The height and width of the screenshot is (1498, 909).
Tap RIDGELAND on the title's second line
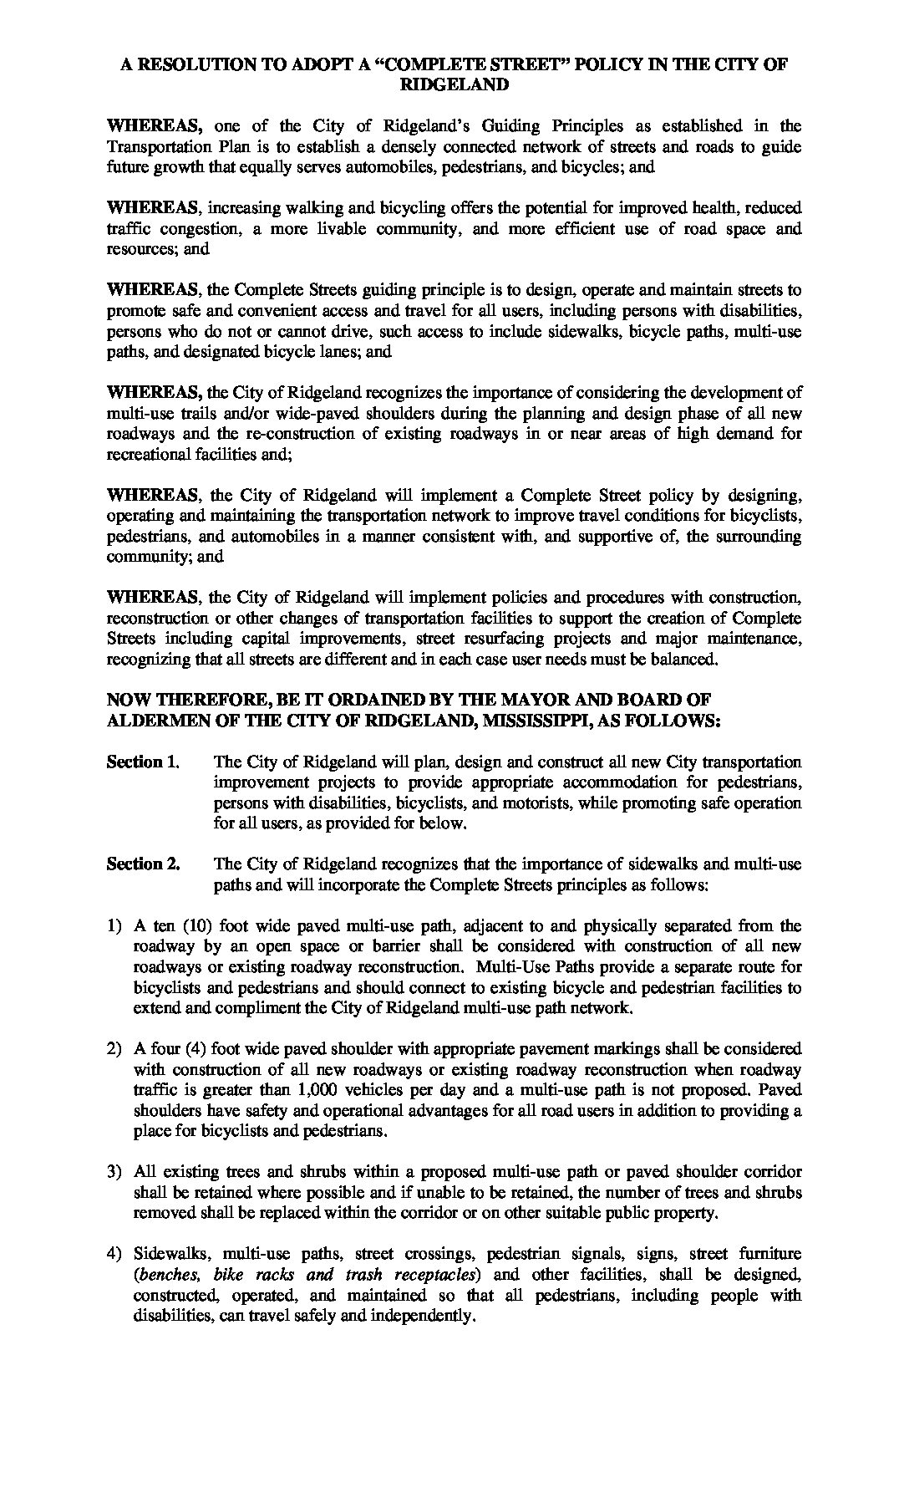(x=454, y=84)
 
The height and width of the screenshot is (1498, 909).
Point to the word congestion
(x=184, y=228)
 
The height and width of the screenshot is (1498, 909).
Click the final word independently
(x=407, y=1315)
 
